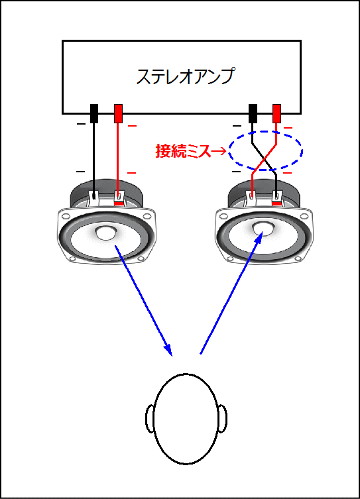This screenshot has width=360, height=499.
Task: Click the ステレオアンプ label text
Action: coord(186,76)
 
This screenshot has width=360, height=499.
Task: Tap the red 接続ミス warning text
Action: coord(183,150)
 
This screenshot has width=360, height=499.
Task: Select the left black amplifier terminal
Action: coord(94,113)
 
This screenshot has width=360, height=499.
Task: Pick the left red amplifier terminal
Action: coord(118,113)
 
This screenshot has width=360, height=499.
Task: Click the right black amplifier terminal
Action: coord(253,113)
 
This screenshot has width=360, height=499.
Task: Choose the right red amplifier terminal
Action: coord(276,113)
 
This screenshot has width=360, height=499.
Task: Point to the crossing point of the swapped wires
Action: coord(264,159)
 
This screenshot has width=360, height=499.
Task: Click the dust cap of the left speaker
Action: coord(105,233)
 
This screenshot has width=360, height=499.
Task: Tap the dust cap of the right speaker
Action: coord(263,229)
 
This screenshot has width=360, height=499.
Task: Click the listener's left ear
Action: coord(150,417)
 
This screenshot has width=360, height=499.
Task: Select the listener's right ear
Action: coord(222,418)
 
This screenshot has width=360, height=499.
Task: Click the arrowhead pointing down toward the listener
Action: coord(168,349)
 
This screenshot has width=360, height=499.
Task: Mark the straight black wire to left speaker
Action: coord(94,158)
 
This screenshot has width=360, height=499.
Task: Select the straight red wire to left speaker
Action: coord(118,158)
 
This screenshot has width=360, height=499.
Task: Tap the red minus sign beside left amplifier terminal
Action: coord(132,126)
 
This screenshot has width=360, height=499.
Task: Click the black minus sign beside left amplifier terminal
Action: coord(81,124)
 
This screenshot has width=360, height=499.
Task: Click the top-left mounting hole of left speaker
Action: coord(66,216)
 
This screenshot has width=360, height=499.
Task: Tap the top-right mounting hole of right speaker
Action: coord(305,216)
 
